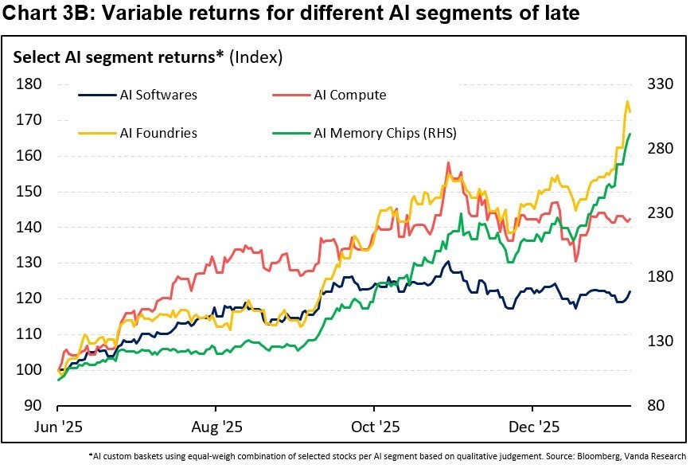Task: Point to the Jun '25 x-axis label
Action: (x=60, y=427)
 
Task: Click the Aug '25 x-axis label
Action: (x=216, y=427)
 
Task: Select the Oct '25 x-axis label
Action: (x=374, y=427)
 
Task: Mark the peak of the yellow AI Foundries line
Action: (x=628, y=102)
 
